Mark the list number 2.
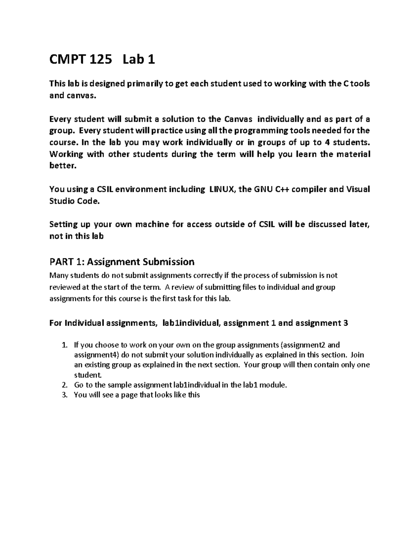[64, 385]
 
